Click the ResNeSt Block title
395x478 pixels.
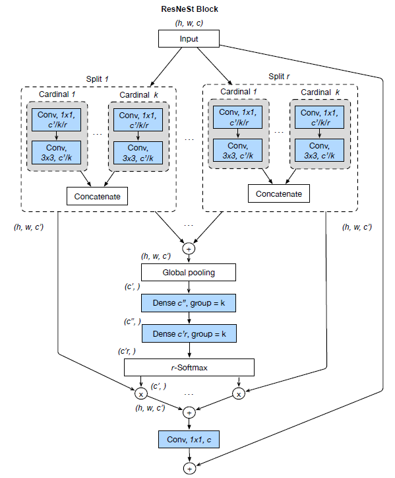click(x=189, y=9)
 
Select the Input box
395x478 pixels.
click(x=189, y=40)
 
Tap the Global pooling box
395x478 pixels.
click(x=189, y=272)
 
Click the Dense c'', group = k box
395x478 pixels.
click(x=189, y=302)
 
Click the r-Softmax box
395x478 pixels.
click(x=189, y=366)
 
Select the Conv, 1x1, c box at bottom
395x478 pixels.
click(x=189, y=438)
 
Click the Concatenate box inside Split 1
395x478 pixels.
click(x=96, y=196)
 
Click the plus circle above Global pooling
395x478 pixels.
click(x=189, y=249)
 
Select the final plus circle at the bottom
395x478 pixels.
click(x=189, y=467)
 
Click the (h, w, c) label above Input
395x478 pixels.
click(x=189, y=24)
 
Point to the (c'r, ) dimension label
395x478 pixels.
click(x=128, y=351)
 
